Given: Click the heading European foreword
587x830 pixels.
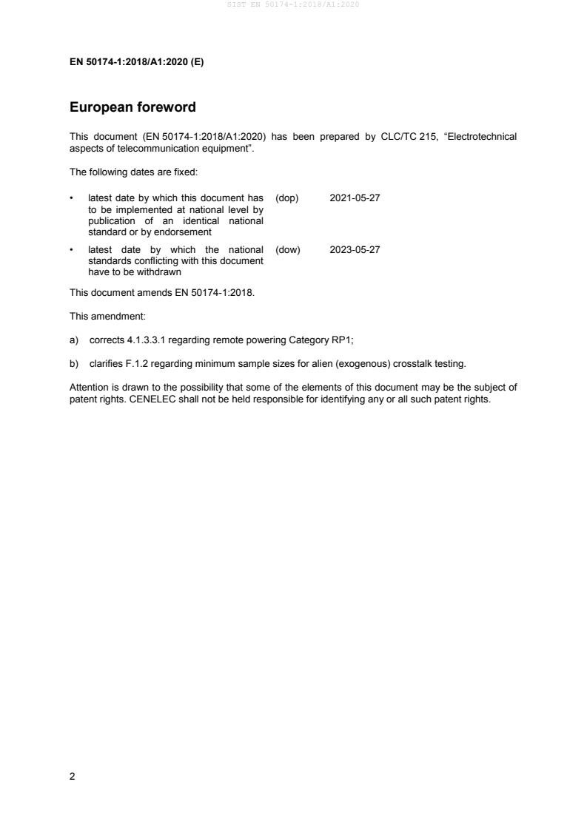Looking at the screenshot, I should [133, 107].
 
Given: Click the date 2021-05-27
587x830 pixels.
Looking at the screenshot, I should [355, 198].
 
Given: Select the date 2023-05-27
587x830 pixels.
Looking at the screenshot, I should [355, 250].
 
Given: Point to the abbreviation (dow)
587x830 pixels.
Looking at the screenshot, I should [287, 250].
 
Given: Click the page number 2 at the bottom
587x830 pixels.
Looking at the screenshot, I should [72, 777].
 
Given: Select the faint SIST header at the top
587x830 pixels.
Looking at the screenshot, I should [293, 5].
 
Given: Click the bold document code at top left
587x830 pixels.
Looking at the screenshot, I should [136, 62].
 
